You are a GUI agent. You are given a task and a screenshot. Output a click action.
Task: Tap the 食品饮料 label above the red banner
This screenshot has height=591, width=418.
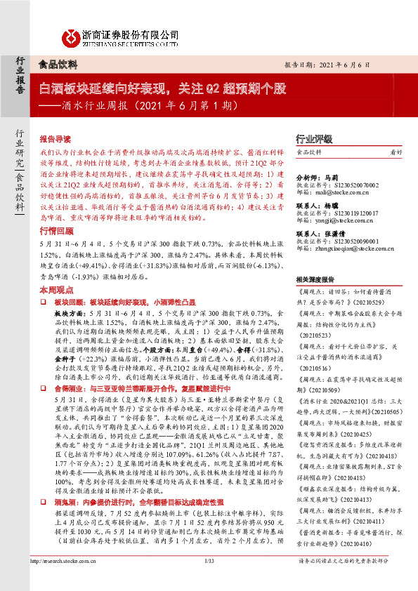coord(56,64)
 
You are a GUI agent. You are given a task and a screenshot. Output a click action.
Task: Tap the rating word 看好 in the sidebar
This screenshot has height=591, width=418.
coord(396,152)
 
